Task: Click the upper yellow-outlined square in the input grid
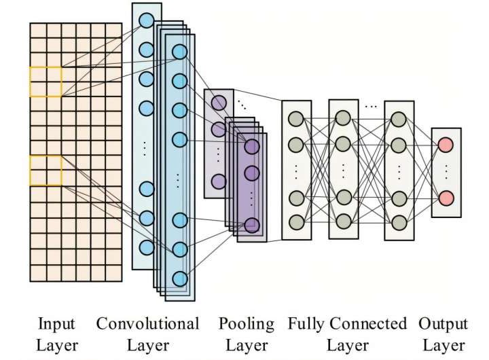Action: pyautogui.click(x=46, y=82)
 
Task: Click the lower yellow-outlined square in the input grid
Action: pyautogui.click(x=46, y=170)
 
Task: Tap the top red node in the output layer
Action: pyautogui.click(x=446, y=145)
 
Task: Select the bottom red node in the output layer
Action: pyautogui.click(x=446, y=198)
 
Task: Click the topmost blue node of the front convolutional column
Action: pyautogui.click(x=179, y=52)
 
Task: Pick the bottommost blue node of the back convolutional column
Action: pyautogui.click(x=146, y=246)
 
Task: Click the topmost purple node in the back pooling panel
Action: pyautogui.click(x=218, y=103)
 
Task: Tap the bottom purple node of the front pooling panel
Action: pyautogui.click(x=252, y=225)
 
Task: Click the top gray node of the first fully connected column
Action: pyautogui.click(x=295, y=119)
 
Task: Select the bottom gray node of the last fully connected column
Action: pyautogui.click(x=399, y=221)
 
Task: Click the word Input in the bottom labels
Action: pyautogui.click(x=56, y=323)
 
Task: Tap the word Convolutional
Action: pyautogui.click(x=147, y=323)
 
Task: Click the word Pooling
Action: pyautogui.click(x=247, y=324)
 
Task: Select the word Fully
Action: pyautogui.click(x=305, y=324)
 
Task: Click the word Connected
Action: pyautogui.click(x=367, y=323)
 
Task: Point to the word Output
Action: pyautogui.click(x=443, y=324)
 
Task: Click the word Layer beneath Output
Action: pyautogui.click(x=443, y=346)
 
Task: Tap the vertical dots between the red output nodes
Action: pyautogui.click(x=446, y=171)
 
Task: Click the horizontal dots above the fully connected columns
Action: pyautogui.click(x=371, y=107)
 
